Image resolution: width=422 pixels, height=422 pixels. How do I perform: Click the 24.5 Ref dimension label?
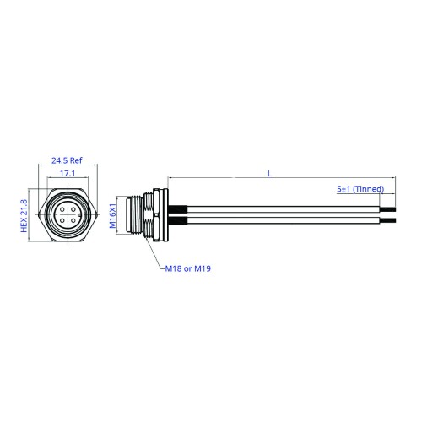click(x=67, y=160)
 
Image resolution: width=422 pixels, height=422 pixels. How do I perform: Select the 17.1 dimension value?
click(x=68, y=173)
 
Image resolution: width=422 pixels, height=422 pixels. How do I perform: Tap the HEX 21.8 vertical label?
click(x=24, y=216)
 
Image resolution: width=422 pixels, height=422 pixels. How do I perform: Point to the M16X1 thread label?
click(x=112, y=215)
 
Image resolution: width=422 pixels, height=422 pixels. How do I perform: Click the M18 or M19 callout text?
click(x=188, y=268)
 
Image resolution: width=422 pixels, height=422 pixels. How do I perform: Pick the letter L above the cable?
click(x=269, y=174)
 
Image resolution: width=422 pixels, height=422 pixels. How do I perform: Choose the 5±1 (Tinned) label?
click(x=360, y=189)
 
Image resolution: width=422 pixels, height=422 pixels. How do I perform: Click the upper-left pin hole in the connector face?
click(x=62, y=209)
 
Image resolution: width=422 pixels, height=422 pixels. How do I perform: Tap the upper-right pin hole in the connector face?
click(x=73, y=209)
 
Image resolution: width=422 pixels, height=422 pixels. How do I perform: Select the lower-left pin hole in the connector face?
click(x=62, y=220)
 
